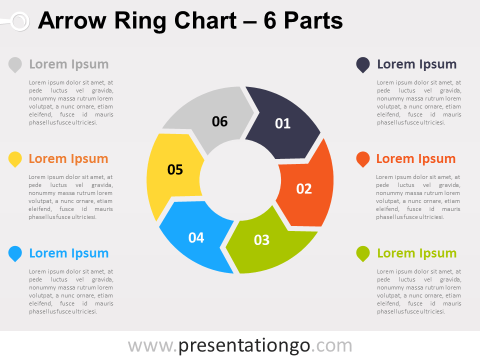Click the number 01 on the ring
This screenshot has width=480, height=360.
click(x=282, y=123)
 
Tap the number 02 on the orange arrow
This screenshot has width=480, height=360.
click(x=304, y=189)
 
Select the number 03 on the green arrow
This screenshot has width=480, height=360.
click(x=261, y=240)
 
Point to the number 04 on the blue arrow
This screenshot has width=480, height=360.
click(x=196, y=238)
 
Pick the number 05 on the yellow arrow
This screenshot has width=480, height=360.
click(x=175, y=169)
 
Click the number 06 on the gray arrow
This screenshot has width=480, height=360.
click(x=220, y=121)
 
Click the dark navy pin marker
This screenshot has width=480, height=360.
click(x=363, y=65)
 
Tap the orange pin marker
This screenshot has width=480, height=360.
click(x=363, y=159)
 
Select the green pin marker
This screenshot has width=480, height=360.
click(x=363, y=254)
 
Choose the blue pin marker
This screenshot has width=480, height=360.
click(x=15, y=254)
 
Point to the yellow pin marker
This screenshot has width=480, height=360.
click(x=15, y=159)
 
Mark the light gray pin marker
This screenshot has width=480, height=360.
click(x=15, y=65)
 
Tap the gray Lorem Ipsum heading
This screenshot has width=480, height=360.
click(x=69, y=64)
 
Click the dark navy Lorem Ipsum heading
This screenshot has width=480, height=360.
click(x=416, y=64)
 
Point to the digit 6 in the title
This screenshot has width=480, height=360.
click(x=270, y=21)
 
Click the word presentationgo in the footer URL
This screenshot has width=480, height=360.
click(x=244, y=346)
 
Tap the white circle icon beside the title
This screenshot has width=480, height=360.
click(x=20, y=21)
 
